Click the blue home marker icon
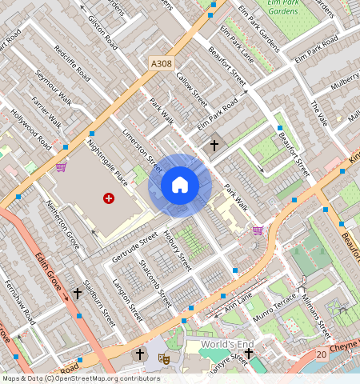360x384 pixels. [180, 186]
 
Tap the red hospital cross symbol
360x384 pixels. [109, 198]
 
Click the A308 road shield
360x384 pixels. [160, 63]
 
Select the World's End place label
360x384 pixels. [227, 345]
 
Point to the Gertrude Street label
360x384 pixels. [135, 246]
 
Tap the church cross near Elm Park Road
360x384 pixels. [213, 146]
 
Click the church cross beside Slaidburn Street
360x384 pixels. [78, 294]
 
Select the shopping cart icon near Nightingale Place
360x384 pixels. [62, 167]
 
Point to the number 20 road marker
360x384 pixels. [321, 354]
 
